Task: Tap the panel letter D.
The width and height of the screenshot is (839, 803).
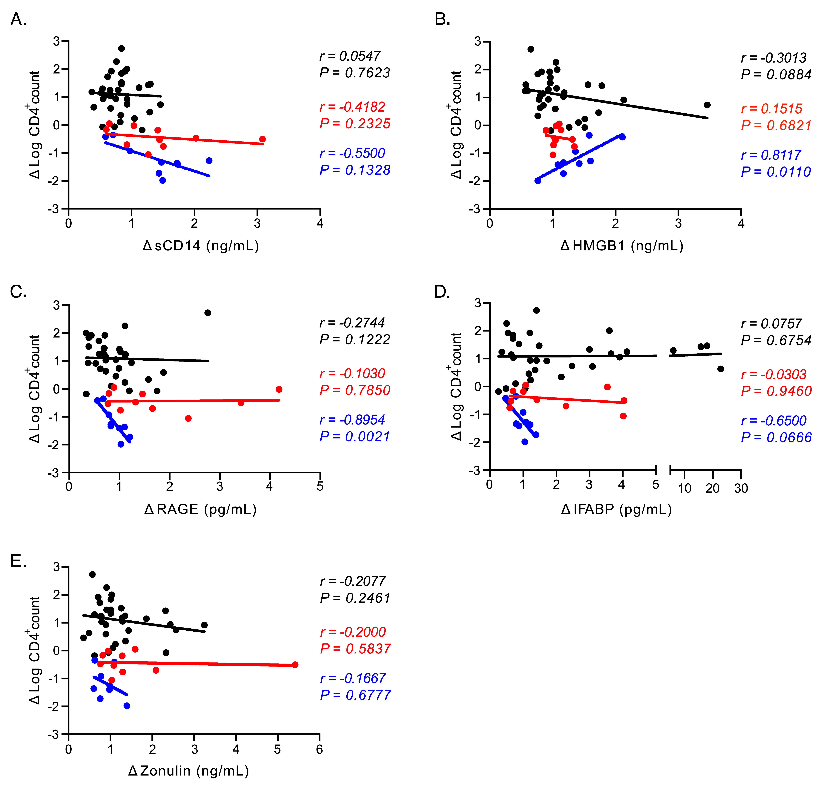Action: (442, 292)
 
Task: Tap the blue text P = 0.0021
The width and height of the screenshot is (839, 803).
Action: (355, 436)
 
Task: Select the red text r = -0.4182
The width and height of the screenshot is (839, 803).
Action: (352, 107)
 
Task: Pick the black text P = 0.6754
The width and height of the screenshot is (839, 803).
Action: (776, 340)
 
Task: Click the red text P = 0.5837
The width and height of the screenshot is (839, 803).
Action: (355, 649)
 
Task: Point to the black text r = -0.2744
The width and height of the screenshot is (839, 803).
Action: (352, 323)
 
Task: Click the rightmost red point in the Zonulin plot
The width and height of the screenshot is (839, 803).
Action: (295, 664)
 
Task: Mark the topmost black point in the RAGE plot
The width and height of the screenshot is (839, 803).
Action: (208, 313)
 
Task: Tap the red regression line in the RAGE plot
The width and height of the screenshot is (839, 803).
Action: (193, 401)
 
